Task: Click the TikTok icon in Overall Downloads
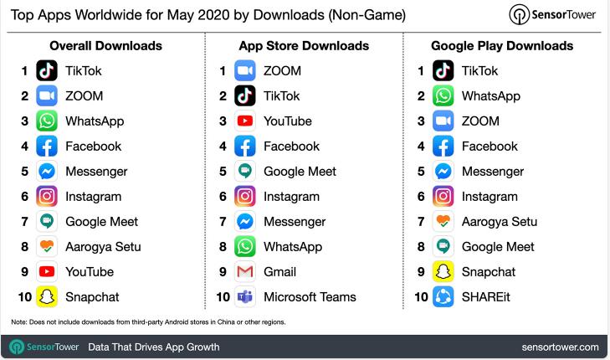pos(47,71)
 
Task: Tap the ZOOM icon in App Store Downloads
pos(245,71)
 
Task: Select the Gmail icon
pos(245,272)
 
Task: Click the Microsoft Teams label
pos(310,297)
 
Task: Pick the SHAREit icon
pos(443,297)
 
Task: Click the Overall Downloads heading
pos(105,45)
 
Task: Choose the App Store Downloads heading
pos(304,45)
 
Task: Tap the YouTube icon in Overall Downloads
pos(47,272)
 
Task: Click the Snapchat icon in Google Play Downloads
pos(443,272)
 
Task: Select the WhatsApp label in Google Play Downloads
pos(490,96)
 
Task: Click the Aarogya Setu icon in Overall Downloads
pos(47,247)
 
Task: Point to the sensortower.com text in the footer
pos(560,347)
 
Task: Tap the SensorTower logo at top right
pos(553,15)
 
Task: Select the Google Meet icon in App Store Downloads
pos(245,172)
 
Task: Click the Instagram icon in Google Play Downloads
pos(443,197)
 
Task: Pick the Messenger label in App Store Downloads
pos(295,222)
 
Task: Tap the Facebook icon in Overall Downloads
pos(47,147)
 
